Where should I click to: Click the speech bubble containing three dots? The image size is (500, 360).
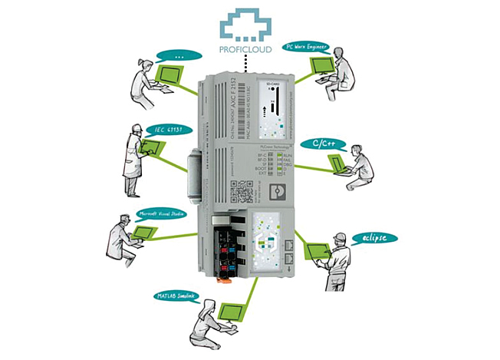(x=179, y=55)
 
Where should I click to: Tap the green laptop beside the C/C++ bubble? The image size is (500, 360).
(x=334, y=162)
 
